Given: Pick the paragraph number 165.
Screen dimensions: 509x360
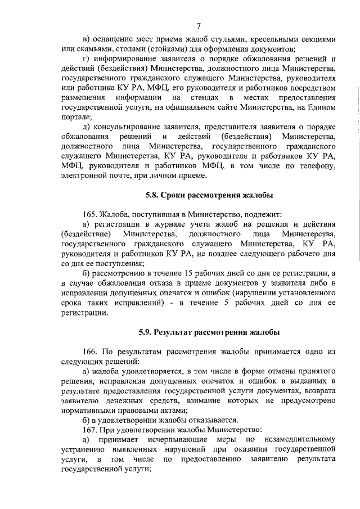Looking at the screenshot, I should [90, 214].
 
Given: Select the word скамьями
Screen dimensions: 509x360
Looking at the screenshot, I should [93, 49].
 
